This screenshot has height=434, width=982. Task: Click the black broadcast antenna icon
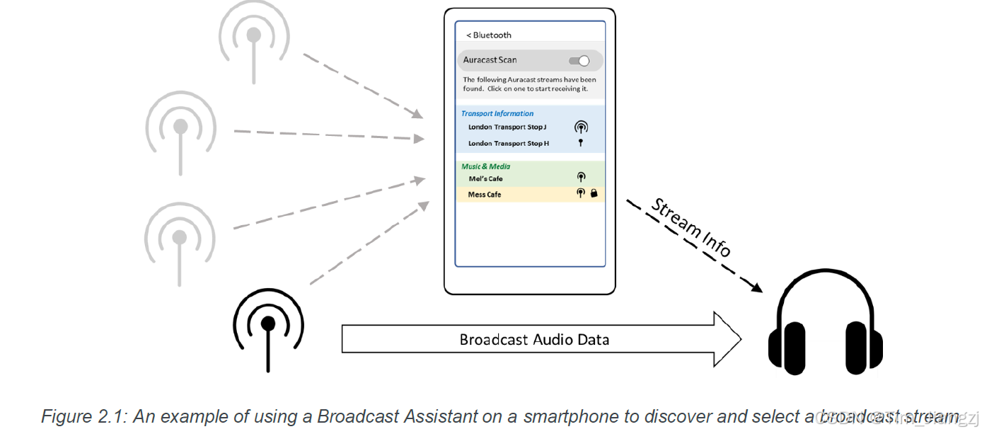coord(268,326)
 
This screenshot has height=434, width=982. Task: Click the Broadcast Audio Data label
coord(534,340)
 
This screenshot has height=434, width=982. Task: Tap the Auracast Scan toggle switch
coord(579,61)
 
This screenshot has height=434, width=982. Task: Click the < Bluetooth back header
coord(488,35)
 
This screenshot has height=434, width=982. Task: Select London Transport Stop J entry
coord(507,127)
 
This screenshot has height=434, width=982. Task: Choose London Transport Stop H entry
coord(508,144)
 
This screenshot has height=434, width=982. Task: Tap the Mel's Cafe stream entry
coord(485,179)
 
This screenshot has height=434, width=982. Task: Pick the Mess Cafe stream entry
coord(485,195)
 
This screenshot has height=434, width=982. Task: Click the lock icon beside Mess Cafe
coord(594,193)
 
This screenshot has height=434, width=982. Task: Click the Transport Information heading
coord(497,113)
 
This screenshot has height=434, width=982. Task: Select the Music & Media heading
coord(485,166)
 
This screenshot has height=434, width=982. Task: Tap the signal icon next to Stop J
coord(581,127)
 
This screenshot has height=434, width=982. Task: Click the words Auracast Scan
coord(490,60)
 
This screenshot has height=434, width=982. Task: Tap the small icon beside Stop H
coord(581,143)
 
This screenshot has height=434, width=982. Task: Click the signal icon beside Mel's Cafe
coord(581,178)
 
